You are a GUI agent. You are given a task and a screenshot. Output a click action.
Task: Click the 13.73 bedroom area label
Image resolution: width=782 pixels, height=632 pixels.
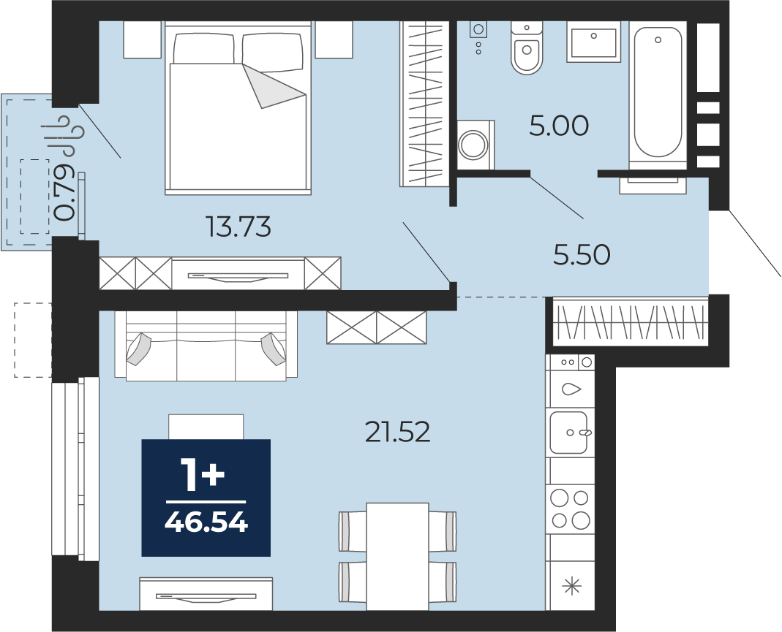coord(238,227)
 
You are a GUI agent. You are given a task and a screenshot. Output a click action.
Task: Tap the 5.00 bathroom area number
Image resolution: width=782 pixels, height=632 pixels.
coord(559,126)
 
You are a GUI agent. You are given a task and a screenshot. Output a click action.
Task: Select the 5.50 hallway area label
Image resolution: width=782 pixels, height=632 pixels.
coord(582,255)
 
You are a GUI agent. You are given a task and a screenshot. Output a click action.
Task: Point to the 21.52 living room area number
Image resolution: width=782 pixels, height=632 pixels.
coord(397,433)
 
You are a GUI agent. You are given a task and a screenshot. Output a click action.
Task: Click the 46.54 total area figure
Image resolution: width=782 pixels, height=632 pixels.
coord(206,523)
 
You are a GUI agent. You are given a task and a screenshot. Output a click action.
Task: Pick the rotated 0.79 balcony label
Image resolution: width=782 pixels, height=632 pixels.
coord(65,191)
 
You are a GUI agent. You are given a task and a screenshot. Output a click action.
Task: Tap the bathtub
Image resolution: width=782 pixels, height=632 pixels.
coord(658,92)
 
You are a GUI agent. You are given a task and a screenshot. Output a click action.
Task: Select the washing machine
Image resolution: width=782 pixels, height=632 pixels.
coord(475,145)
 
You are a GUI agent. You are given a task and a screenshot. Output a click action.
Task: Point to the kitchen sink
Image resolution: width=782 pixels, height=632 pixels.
coord(569,433)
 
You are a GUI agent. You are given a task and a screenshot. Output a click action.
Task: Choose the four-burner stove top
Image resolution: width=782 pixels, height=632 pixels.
coord(570,509)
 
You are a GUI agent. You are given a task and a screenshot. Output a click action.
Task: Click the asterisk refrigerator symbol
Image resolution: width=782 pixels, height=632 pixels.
coord(571,586)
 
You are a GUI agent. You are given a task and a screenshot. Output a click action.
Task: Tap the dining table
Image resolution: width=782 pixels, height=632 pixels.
coord(397,556)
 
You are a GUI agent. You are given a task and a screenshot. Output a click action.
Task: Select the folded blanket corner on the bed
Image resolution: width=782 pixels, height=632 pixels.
coord(274,85)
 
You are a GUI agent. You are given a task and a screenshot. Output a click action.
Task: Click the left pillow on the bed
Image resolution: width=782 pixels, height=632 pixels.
coord(203,48)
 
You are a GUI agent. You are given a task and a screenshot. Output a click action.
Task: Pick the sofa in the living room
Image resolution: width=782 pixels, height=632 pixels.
coord(206,346)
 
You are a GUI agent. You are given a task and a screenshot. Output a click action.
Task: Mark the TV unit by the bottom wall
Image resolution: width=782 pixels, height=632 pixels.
coord(206,594)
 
